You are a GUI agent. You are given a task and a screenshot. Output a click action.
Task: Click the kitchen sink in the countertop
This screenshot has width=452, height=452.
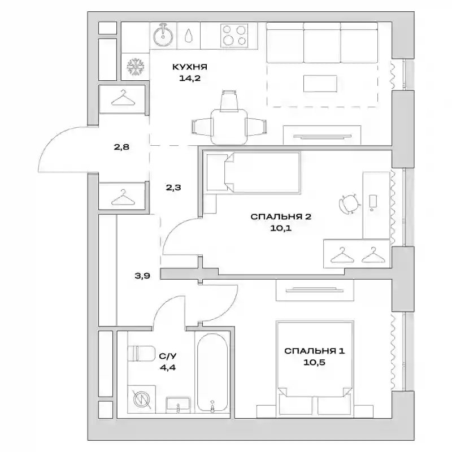pyautogui.click(x=163, y=36)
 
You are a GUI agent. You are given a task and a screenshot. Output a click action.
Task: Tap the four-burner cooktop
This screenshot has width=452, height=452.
pyautogui.click(x=234, y=36)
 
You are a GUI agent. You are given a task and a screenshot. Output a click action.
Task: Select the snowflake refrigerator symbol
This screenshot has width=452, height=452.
pyautogui.click(x=135, y=67)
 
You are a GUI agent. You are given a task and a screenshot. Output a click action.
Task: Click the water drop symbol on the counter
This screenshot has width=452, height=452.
pyautogui.click(x=188, y=35)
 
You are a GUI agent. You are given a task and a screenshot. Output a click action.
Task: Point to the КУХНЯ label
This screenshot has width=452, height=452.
pyautogui.click(x=190, y=67)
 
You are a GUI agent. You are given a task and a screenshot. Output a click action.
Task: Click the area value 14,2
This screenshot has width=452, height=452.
pyautogui.click(x=190, y=78)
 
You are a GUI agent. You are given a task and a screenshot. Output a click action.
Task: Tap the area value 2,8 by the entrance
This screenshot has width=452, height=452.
pyautogui.click(x=121, y=147)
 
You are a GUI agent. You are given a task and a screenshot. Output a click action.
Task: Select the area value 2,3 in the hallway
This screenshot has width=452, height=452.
pyautogui.click(x=173, y=188)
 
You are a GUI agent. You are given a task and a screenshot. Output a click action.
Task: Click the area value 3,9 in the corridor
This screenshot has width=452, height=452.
pyautogui.click(x=142, y=276)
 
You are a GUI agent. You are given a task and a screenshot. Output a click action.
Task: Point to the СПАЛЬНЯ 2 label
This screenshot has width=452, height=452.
pyautogui.click(x=281, y=216)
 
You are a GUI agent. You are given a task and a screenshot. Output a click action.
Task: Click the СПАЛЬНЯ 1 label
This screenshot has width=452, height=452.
pyautogui.click(x=314, y=351)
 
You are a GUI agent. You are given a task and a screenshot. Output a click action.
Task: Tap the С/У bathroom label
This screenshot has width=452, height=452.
pyautogui.click(x=167, y=357)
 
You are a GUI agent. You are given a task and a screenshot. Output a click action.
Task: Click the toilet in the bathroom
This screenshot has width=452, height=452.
pyautogui.click(x=141, y=353)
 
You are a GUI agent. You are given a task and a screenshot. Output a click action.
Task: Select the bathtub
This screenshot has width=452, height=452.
pyautogui.click(x=212, y=372)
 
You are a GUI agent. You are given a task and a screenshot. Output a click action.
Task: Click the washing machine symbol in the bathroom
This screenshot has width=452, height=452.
pyautogui.click(x=142, y=399)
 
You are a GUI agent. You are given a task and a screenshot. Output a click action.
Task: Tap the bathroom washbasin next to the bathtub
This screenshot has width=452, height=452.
pyautogui.click(x=178, y=404)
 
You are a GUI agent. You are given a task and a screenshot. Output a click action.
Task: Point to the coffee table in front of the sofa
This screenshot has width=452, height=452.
pyautogui.click(x=320, y=84)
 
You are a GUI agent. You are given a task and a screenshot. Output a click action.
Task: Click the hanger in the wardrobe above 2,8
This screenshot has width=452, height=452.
pyautogui.click(x=123, y=98)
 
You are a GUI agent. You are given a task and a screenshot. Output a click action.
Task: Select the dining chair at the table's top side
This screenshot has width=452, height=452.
pyautogui.click(x=229, y=101)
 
